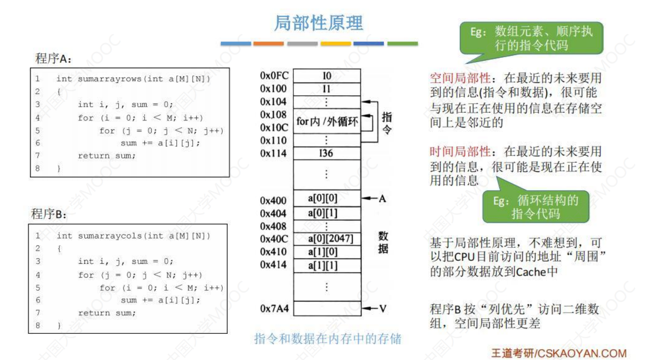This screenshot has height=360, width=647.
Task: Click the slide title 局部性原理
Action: [x=319, y=23]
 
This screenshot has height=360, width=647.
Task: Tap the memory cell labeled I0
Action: [x=326, y=76]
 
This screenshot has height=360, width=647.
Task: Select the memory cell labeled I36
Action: [x=326, y=153]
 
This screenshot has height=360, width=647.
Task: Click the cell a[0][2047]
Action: [x=329, y=239]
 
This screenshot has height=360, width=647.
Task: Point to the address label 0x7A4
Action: [x=275, y=309]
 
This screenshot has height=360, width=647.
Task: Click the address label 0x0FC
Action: [x=275, y=76]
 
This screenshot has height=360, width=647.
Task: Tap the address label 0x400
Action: [x=273, y=200]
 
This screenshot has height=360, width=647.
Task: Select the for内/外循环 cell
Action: [x=327, y=121]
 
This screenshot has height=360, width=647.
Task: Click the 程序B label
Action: [x=49, y=214]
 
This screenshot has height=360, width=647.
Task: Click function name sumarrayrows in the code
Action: [x=102, y=79]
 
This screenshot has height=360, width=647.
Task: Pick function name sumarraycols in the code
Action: [x=102, y=236]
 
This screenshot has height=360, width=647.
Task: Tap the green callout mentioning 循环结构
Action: [x=536, y=206]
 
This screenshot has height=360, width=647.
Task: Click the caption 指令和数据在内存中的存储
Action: [x=327, y=339]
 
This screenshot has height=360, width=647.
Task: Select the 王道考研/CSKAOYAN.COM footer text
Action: [x=559, y=353]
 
